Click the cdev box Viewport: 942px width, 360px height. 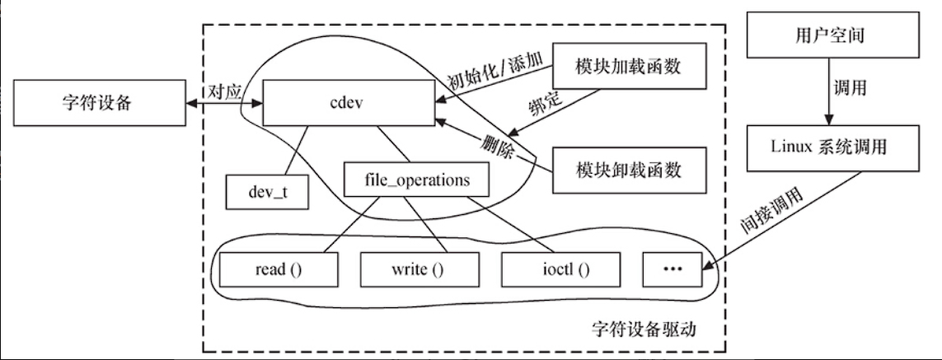click(349, 104)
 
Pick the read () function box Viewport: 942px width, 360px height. click(278, 269)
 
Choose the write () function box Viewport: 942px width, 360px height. click(419, 269)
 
